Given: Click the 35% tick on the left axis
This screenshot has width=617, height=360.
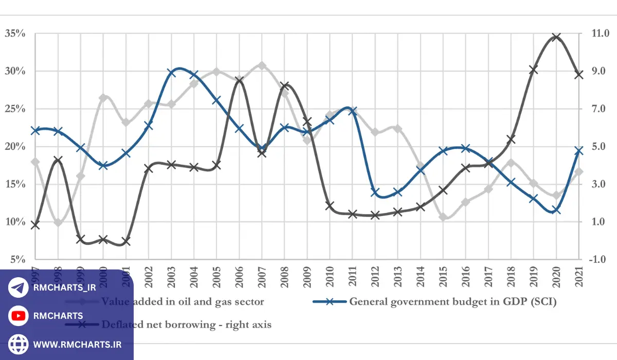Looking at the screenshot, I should pyautogui.click(x=15, y=34).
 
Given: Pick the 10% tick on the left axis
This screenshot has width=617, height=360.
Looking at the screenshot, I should pyautogui.click(x=15, y=222).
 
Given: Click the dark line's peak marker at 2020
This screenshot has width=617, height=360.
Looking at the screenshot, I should pyautogui.click(x=556, y=37).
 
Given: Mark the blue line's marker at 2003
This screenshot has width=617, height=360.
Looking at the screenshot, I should pyautogui.click(x=172, y=73).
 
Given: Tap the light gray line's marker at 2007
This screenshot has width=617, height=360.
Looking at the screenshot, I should pyautogui.click(x=262, y=66).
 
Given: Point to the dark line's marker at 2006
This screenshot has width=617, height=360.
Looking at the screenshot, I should pyautogui.click(x=239, y=80).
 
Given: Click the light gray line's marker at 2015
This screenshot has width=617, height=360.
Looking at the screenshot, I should pyautogui.click(x=443, y=217).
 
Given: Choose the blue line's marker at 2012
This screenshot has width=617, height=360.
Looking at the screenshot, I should pyautogui.click(x=375, y=192).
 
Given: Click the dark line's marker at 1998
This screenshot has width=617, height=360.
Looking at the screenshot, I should pyautogui.click(x=58, y=160).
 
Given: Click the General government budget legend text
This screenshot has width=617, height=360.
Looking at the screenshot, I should pyautogui.click(x=452, y=302).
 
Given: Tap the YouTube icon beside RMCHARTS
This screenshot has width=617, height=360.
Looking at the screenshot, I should pyautogui.click(x=18, y=316).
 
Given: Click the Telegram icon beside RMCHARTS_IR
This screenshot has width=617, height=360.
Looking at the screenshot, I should pyautogui.click(x=18, y=288).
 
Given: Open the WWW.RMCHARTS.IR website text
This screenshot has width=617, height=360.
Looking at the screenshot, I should pyautogui.click(x=77, y=344).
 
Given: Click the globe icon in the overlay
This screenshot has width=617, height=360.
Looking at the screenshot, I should pyautogui.click(x=18, y=344).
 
